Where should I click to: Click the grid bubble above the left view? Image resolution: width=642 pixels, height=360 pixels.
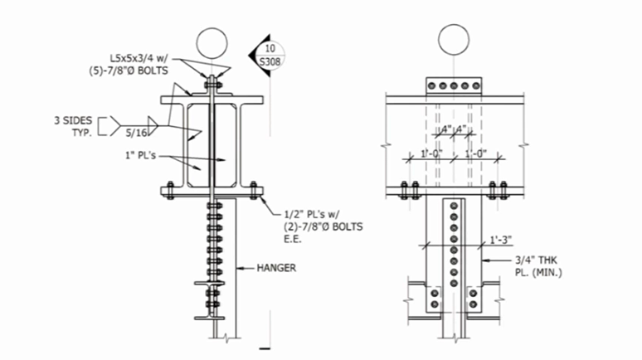coord(212,42)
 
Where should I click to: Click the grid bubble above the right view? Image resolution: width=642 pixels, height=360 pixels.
coord(453,39)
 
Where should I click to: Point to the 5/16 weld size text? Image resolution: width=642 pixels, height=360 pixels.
coord(136,132)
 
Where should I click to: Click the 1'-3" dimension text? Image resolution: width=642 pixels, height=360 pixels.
coord(499,240)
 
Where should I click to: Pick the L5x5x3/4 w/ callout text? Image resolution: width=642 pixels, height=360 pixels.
coord(142,59)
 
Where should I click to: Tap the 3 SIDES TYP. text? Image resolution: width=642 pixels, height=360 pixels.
coord(72,126)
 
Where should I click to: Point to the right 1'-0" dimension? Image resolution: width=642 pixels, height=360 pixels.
coord(479,154)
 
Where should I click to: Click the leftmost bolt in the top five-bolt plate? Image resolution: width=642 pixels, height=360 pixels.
coord(431,85)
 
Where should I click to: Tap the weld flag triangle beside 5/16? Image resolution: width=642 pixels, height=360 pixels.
coord(153,122)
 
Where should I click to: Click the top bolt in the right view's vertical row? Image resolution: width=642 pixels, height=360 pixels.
coord(453,206)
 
